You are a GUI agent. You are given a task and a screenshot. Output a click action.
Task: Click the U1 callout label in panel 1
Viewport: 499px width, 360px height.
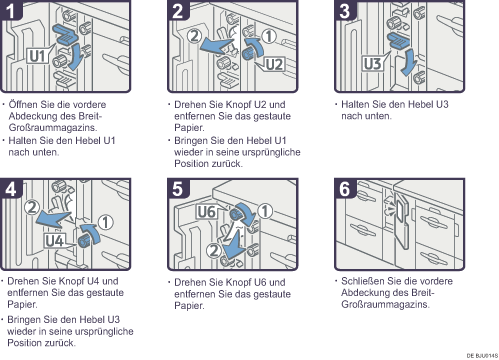tap(37, 56)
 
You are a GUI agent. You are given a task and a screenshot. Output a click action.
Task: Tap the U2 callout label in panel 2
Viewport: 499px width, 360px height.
tap(275, 64)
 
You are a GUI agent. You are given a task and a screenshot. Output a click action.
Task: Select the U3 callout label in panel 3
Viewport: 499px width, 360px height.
tap(372, 63)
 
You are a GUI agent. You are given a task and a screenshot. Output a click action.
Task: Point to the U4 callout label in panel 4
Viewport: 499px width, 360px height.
tap(55, 241)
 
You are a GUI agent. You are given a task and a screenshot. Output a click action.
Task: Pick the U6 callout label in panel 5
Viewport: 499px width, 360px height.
tap(207, 212)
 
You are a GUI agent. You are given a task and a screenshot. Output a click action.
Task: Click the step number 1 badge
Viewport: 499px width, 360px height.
tap(11, 10)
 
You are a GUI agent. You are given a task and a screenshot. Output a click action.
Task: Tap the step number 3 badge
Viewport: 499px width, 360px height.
tap(345, 10)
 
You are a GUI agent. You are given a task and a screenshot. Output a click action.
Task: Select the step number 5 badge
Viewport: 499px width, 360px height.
tap(178, 189)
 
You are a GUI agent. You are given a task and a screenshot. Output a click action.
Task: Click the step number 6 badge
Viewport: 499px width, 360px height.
tap(345, 189)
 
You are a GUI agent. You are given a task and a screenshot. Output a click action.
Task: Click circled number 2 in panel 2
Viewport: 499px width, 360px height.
tap(194, 36)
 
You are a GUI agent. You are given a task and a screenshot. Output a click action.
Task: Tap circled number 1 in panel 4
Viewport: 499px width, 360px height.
tap(106, 223)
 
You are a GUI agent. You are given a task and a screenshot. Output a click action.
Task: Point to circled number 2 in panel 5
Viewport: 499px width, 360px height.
tap(214, 250)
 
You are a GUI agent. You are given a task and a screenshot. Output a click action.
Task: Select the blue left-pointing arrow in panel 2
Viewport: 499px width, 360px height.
tap(216, 46)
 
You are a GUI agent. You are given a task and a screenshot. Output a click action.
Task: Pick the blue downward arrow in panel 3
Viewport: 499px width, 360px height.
tap(408, 63)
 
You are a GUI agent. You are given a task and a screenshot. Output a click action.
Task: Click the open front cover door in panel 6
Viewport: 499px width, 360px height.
tap(402, 220)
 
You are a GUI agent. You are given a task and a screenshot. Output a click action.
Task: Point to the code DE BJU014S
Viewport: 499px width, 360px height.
tap(482, 355)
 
